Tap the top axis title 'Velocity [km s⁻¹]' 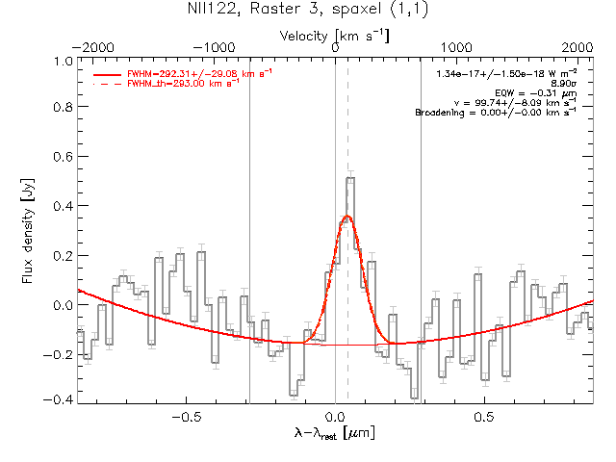point(333,35)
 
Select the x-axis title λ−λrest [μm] point(333,434)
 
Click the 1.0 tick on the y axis point(62,61)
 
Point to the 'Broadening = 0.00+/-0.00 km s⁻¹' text point(496,113)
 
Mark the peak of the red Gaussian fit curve point(346,217)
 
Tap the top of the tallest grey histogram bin point(350,178)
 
